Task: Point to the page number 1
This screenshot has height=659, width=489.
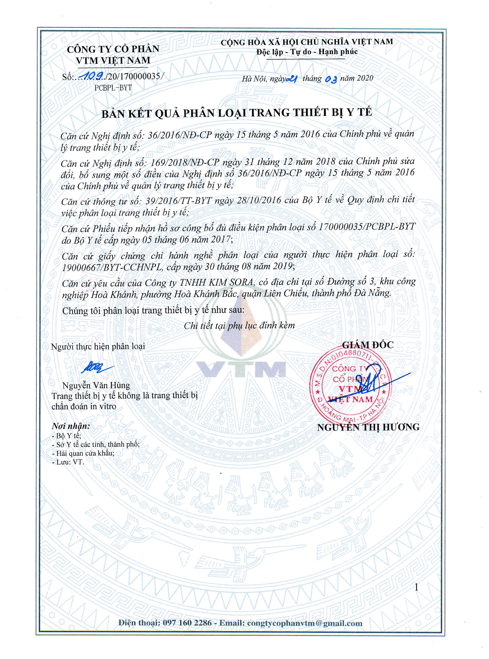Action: tap(416, 587)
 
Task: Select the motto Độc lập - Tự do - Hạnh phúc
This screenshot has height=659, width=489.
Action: tap(307, 52)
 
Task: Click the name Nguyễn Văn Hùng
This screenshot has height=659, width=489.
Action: tap(96, 385)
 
